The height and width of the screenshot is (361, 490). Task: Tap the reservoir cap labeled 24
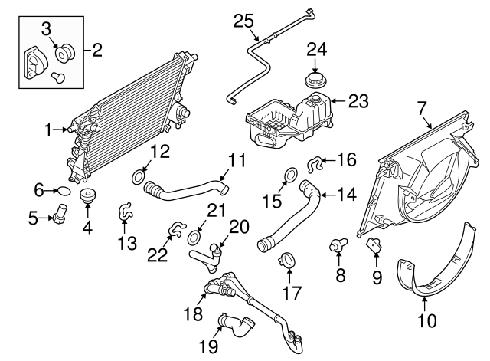315,80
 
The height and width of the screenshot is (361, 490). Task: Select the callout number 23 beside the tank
358,100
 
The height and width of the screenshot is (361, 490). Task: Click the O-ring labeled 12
139,178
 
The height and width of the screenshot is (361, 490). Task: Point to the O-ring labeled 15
290,176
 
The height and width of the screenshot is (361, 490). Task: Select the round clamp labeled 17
286,261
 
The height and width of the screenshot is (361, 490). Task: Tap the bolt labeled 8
336,246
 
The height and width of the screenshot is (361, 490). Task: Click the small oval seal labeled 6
64,191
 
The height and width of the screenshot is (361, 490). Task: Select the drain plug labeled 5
59,218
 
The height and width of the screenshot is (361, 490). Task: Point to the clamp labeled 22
176,228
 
